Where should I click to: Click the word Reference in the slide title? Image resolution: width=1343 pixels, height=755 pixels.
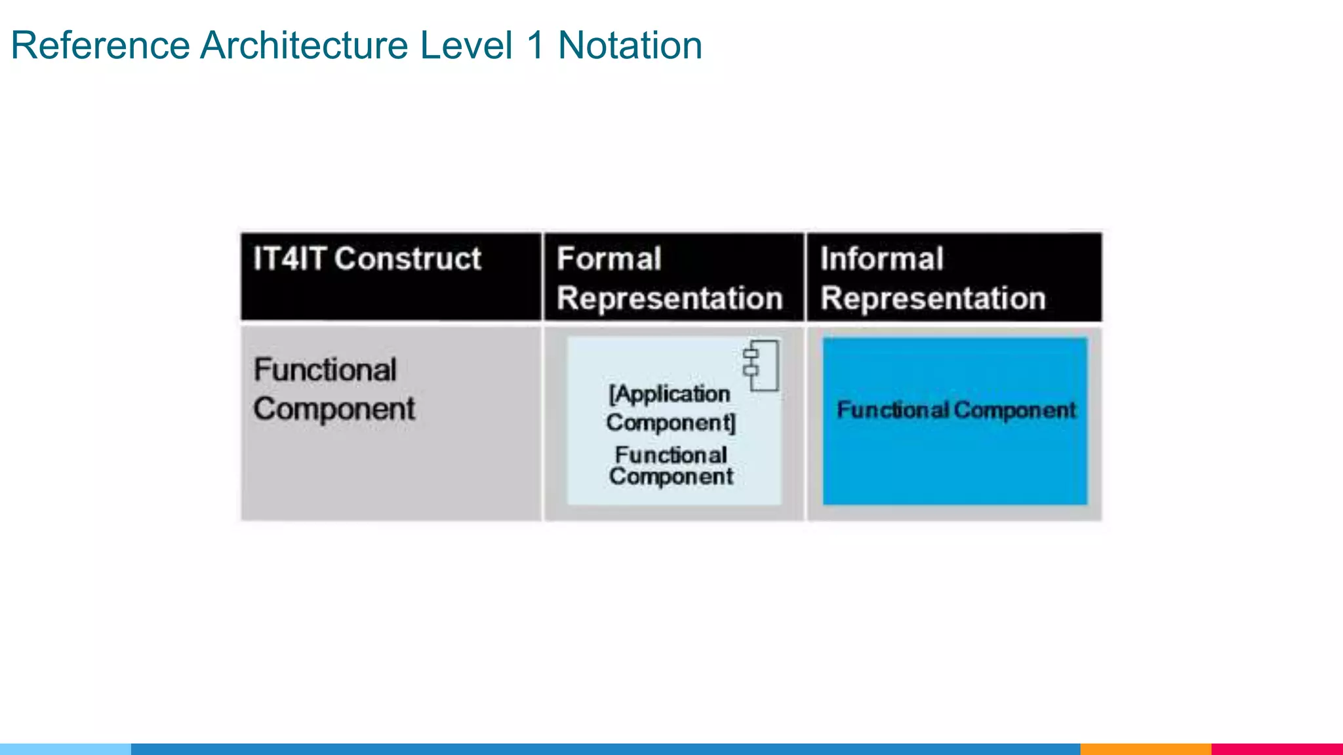point(100,46)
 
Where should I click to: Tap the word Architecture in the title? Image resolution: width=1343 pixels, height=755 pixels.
point(304,46)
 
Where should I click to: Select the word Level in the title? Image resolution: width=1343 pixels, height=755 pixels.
point(466,46)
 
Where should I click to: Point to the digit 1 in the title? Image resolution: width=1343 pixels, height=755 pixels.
point(536,46)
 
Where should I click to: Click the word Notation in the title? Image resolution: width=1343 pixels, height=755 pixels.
point(630,46)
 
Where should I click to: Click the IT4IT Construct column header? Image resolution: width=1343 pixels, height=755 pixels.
point(367,259)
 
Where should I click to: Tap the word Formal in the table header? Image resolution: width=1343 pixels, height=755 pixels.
point(609,259)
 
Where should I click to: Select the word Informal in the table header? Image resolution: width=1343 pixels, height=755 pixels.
point(881,259)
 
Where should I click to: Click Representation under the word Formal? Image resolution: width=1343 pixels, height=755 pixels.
point(670,298)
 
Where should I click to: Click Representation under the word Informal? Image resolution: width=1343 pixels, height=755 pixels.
point(933,298)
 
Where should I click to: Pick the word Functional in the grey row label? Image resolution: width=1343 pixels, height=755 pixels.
point(325,370)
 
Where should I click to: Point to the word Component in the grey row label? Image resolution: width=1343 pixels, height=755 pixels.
point(334,410)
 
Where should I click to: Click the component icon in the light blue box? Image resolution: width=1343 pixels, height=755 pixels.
point(761,366)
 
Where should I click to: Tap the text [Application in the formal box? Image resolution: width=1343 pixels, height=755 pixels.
point(669,394)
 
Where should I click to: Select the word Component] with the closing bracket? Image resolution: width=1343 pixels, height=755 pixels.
point(671,423)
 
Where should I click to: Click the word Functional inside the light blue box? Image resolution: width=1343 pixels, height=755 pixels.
point(671,455)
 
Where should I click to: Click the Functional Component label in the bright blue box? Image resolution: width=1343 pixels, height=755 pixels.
point(956,410)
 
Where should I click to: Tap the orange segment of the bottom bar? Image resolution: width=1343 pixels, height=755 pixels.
point(1145,748)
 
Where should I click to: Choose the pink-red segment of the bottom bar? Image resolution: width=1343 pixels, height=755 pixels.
point(1277,748)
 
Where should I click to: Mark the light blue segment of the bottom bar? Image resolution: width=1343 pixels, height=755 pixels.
point(66,748)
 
